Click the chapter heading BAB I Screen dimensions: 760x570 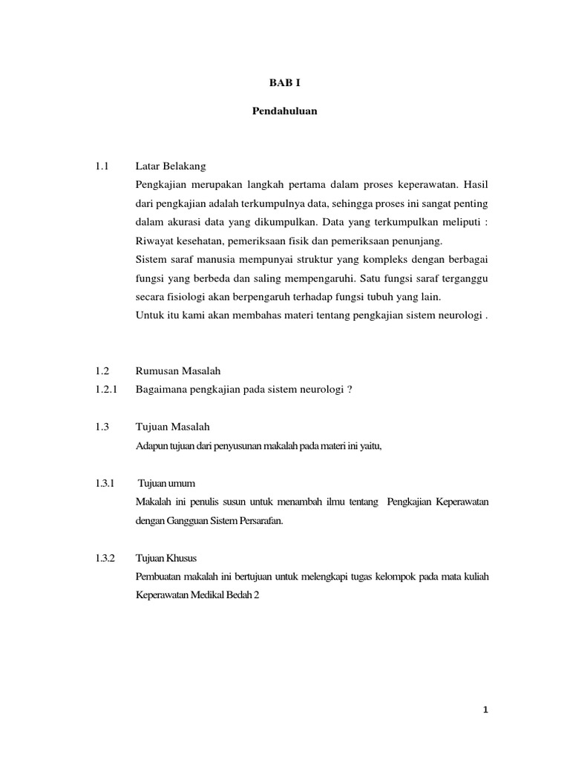click(286, 84)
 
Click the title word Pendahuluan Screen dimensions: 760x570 click(286, 112)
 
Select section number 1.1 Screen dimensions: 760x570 click(102, 165)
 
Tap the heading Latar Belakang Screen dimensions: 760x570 click(171, 165)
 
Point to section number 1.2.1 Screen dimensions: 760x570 click(106, 389)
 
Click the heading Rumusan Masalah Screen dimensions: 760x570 click(179, 370)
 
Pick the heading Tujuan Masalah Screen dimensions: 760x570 click(173, 427)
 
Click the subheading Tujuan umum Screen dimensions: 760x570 click(167, 483)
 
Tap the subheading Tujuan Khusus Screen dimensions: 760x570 click(167, 557)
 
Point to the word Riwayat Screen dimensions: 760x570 click(153, 240)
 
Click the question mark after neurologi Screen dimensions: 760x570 click(350, 389)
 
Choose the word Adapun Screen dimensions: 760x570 click(151, 445)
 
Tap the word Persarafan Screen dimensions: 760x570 click(259, 521)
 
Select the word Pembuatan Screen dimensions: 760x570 click(160, 577)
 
